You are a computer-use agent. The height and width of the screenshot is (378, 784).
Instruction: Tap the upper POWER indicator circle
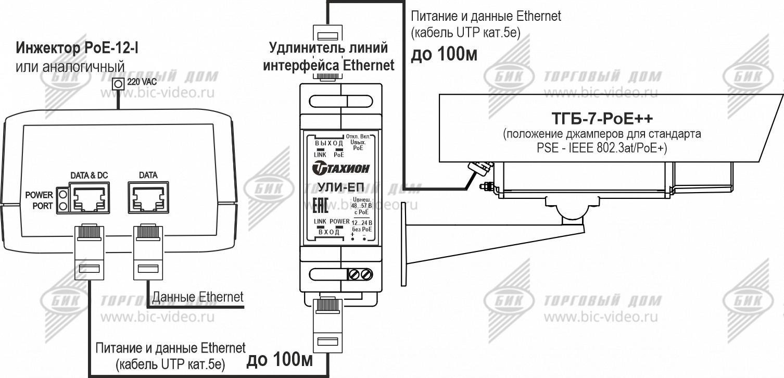pos(64,195)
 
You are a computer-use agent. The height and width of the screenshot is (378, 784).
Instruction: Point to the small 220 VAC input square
pos(119,83)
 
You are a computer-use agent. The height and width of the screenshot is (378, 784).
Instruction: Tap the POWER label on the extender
pos(339,222)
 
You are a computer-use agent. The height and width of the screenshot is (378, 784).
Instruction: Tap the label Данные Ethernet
pos(197,297)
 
